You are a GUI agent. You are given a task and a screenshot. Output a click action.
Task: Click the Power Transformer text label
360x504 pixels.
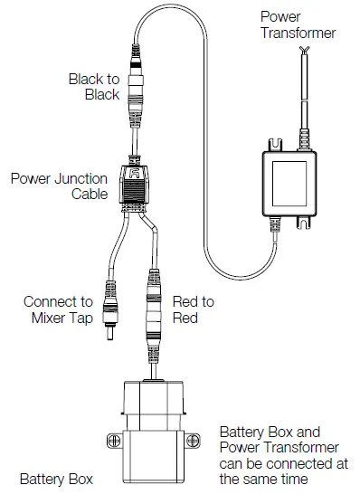(298, 24)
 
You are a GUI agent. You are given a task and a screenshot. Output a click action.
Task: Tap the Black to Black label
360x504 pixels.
(93, 87)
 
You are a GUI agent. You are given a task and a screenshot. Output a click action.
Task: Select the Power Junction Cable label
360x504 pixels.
(61, 185)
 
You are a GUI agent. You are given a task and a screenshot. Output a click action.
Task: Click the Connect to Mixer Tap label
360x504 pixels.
(58, 309)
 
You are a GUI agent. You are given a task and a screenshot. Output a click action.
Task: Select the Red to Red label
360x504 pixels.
(193, 309)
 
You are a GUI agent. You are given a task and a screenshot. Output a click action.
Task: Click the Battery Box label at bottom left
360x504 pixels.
(56, 478)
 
